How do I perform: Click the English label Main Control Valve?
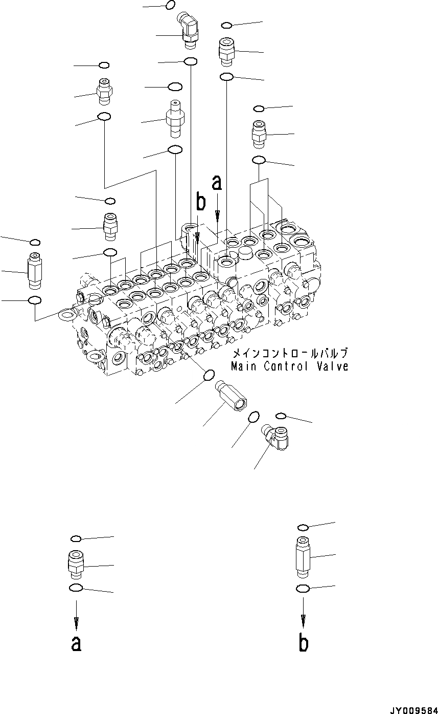coord(289,366)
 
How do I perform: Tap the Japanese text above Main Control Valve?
coord(290,354)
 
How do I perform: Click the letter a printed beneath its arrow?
coord(76,643)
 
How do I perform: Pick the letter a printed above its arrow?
coord(217,182)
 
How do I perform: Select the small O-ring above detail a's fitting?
coord(76,538)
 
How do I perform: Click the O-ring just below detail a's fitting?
coord(75,588)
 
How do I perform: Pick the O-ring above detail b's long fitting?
coord(303,527)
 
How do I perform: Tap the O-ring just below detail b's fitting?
coord(303,589)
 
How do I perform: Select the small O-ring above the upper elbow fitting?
coord(171,6)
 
